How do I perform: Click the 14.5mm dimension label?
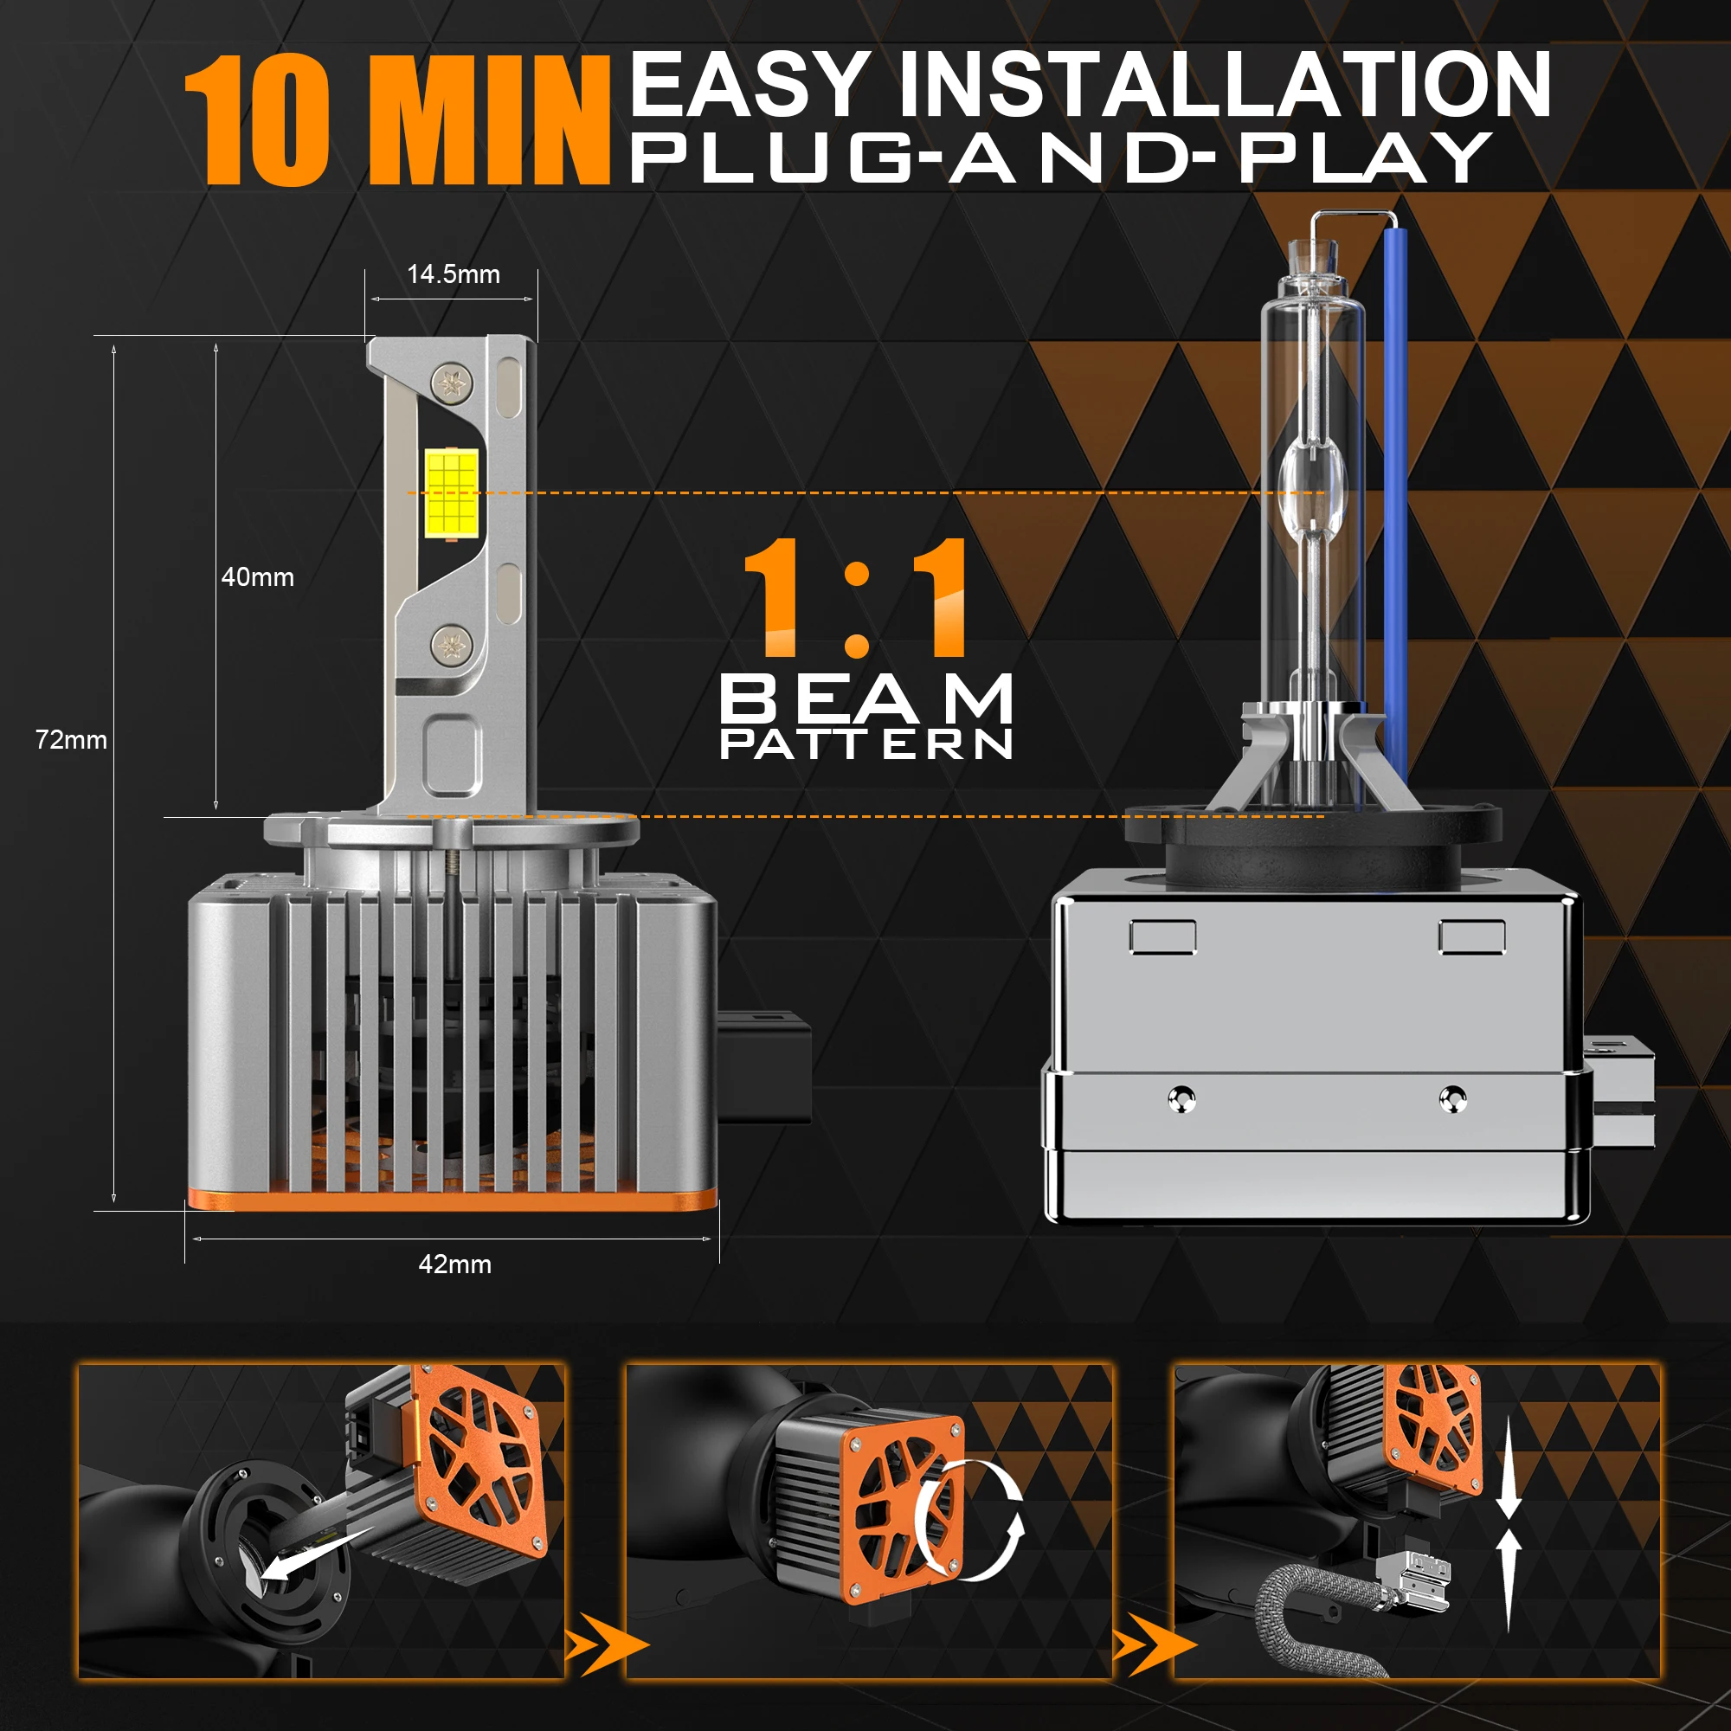pyautogui.click(x=454, y=274)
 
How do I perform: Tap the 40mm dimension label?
pyautogui.click(x=258, y=577)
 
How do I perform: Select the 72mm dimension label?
pyautogui.click(x=71, y=740)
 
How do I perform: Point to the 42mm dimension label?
pyautogui.click(x=455, y=1264)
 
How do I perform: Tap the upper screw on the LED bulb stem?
pyautogui.click(x=452, y=383)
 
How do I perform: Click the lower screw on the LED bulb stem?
pyautogui.click(x=452, y=643)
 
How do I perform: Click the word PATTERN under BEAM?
pyautogui.click(x=866, y=743)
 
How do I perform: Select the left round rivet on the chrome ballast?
pyautogui.click(x=1181, y=1098)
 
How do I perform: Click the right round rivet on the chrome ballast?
pyautogui.click(x=1452, y=1097)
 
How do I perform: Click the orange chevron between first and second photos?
pyautogui.click(x=606, y=1645)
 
